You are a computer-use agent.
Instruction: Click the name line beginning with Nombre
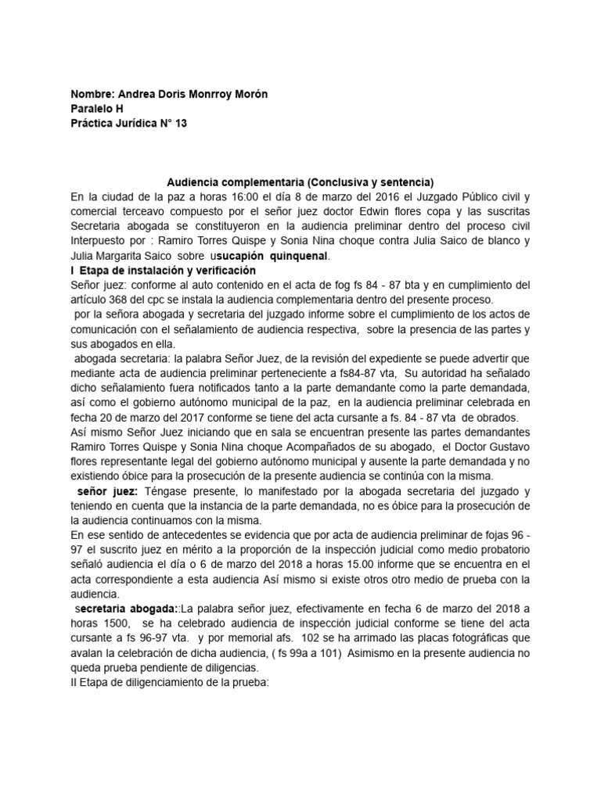click(x=169, y=94)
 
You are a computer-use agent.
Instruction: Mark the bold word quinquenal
click(x=300, y=255)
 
